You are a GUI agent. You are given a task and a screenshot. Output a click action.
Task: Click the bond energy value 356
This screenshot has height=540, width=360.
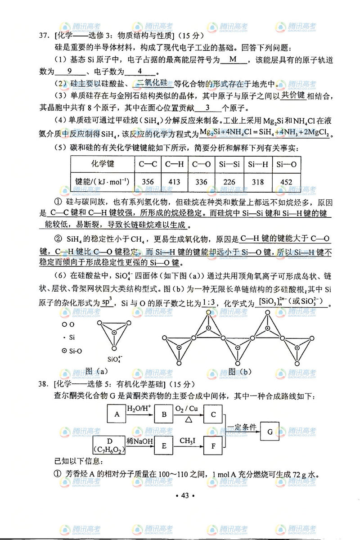(x=148, y=182)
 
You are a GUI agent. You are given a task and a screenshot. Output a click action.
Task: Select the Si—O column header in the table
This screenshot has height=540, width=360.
(x=287, y=164)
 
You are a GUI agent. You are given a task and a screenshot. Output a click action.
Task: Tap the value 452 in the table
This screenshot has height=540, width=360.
(x=287, y=182)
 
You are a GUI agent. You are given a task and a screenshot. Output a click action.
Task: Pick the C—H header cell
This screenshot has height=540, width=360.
(x=174, y=164)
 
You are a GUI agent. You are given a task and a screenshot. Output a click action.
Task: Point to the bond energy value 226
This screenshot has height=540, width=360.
(x=229, y=182)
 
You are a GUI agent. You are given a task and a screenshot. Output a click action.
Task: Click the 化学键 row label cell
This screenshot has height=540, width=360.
(x=102, y=164)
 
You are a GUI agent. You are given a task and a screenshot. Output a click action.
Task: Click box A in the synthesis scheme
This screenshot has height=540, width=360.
(x=117, y=414)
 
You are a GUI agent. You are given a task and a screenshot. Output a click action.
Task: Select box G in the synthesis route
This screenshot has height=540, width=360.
(x=270, y=432)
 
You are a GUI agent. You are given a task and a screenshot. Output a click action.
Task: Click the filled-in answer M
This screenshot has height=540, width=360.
(x=233, y=59)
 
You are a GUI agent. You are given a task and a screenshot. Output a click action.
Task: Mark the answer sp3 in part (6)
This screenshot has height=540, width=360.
(x=107, y=302)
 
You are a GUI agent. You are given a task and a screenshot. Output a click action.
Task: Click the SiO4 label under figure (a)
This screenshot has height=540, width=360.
(x=116, y=359)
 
